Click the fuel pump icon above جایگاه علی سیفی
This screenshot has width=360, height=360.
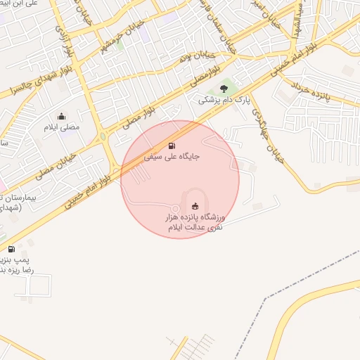pos(172,146)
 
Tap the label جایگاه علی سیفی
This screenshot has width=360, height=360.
pos(172,157)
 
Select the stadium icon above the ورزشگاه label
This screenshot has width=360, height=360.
pos(195,206)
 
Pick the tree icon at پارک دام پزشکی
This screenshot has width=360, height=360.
pos(224,89)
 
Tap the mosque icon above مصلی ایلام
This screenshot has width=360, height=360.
pos(61,117)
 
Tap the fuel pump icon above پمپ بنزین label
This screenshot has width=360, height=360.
pos(11,249)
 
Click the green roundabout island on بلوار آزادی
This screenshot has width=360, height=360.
pos(104,136)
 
